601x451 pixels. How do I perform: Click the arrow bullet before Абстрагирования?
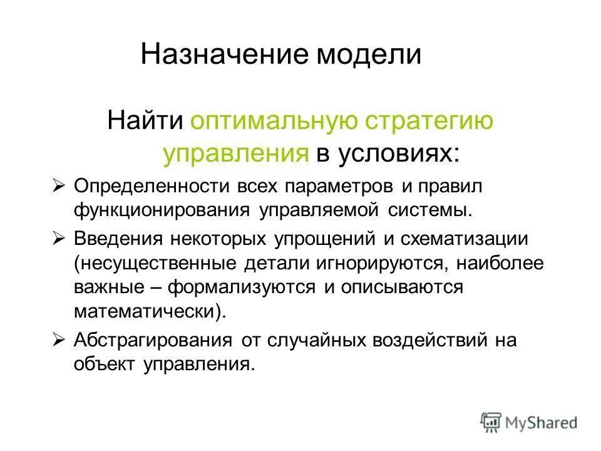click(x=59, y=340)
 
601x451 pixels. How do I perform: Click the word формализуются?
click(x=244, y=287)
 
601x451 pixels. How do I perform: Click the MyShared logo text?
click(x=542, y=423)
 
